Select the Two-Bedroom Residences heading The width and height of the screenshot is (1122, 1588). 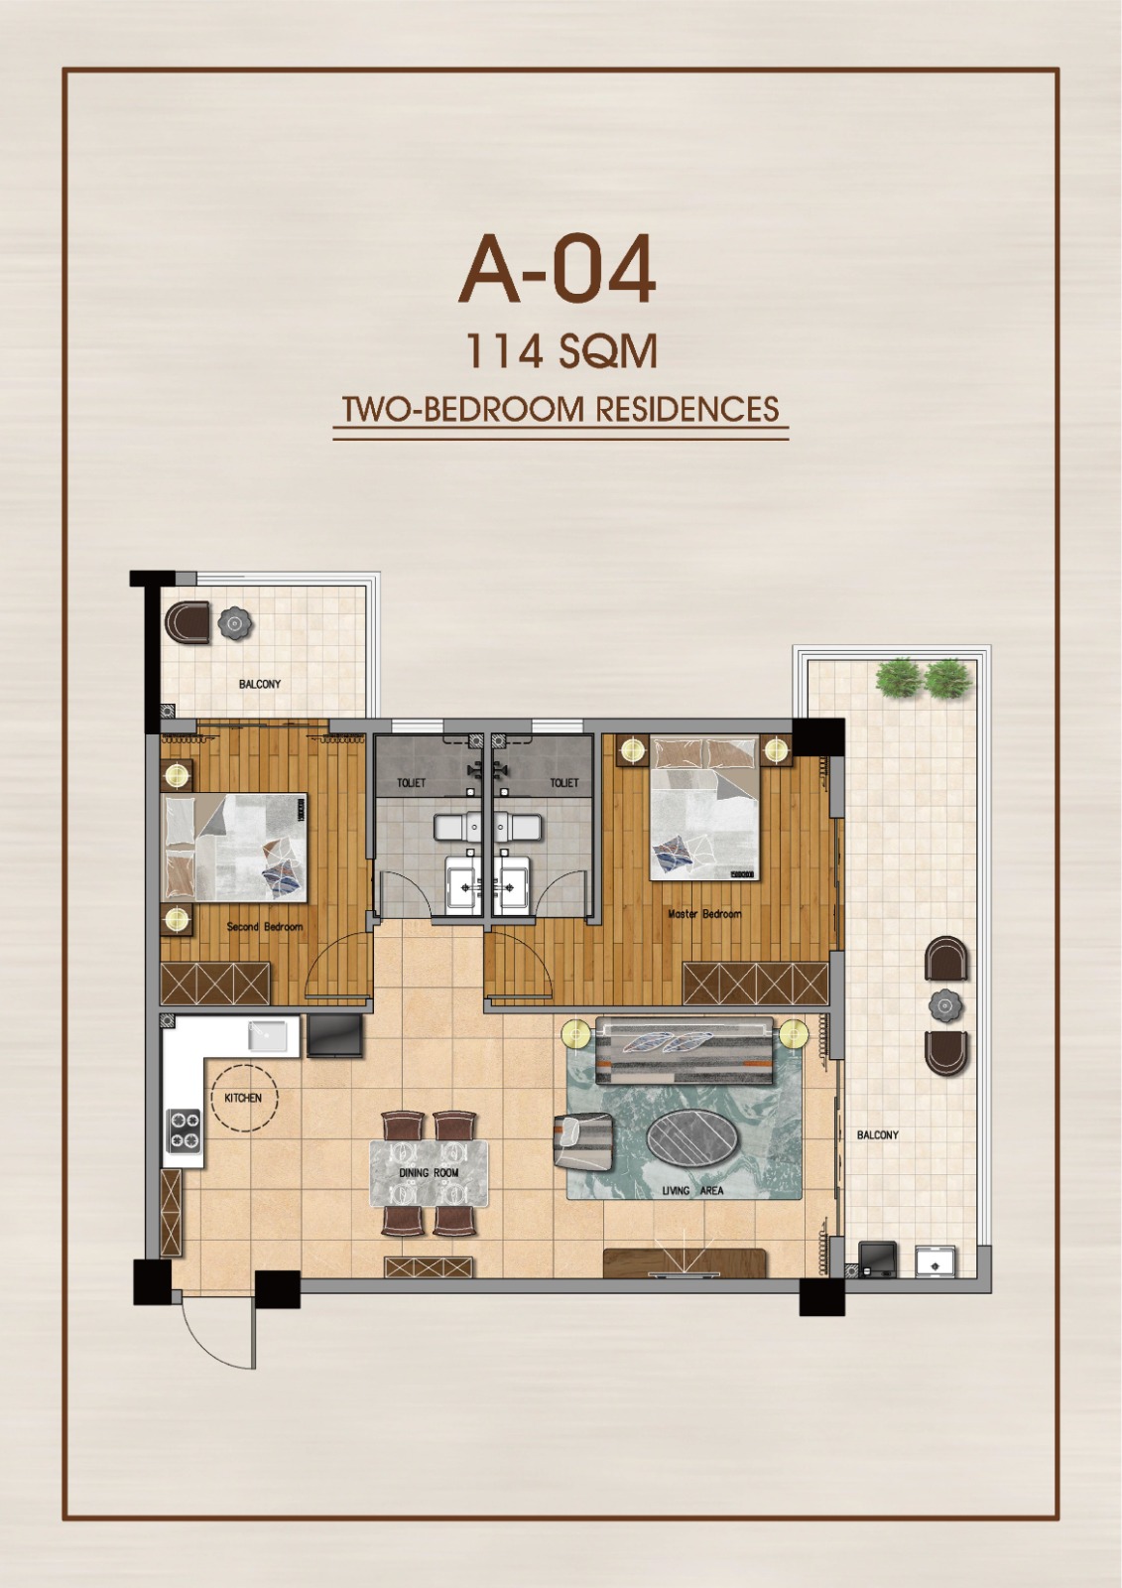coord(561,410)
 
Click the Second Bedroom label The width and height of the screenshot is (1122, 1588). coord(264,927)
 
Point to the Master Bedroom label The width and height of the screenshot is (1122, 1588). coord(704,914)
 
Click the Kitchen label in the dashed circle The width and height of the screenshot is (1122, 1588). coord(243,1098)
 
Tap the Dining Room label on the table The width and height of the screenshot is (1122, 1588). coord(429,1172)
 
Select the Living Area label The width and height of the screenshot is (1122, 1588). coord(692,1190)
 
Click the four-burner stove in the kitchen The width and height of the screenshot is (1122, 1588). coord(185,1129)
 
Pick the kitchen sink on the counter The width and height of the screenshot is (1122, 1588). coord(267,1036)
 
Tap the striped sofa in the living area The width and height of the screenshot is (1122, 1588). coord(684,1050)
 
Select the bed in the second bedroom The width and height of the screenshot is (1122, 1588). coord(234,848)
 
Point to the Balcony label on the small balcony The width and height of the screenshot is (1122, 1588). coord(259,684)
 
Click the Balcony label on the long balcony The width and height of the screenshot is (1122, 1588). coord(878,1135)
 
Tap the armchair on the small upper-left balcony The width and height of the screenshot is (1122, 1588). coord(187,621)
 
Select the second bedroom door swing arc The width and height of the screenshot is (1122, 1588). coord(334,958)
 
